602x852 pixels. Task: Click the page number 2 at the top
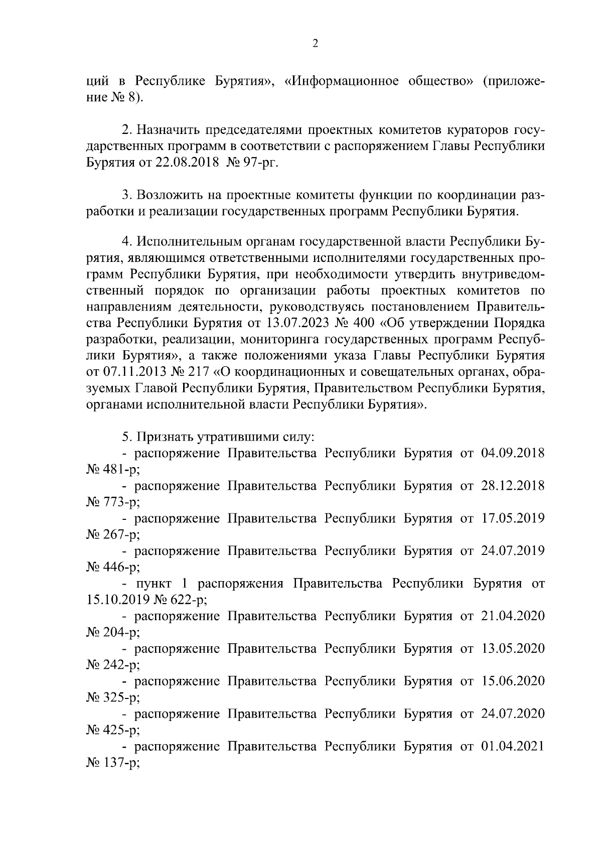click(x=315, y=44)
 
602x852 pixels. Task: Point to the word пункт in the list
click(x=154, y=584)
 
